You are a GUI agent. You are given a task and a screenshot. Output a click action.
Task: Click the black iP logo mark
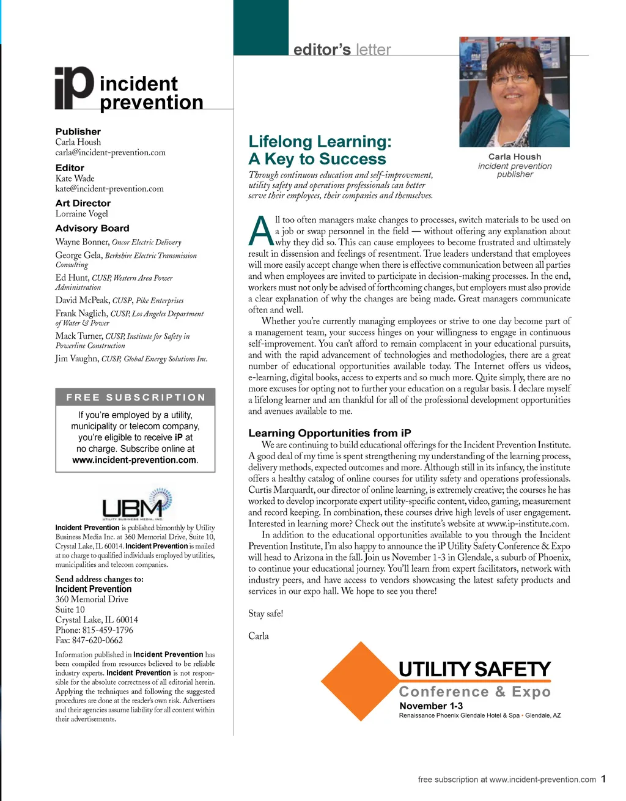pyautogui.click(x=74, y=88)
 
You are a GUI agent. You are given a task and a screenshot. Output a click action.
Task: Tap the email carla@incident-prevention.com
pyautogui.click(x=110, y=153)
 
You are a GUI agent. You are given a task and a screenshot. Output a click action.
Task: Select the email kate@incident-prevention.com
pyautogui.click(x=109, y=189)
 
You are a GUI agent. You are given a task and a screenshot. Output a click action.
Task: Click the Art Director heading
pyautogui.click(x=83, y=203)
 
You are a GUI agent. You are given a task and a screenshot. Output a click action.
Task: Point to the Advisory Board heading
pyautogui.click(x=92, y=228)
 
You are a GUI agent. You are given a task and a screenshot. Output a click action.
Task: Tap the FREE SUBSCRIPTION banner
pyautogui.click(x=135, y=397)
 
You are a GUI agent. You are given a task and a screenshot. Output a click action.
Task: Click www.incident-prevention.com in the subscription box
pyautogui.click(x=134, y=460)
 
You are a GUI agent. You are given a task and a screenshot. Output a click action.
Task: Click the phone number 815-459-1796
pyautogui.click(x=108, y=630)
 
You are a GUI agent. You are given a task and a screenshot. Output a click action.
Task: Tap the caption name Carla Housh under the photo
pyautogui.click(x=515, y=157)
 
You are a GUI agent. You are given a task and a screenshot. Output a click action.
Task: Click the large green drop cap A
pyautogui.click(x=261, y=231)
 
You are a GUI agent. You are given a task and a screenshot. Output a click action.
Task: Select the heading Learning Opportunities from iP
pyautogui.click(x=330, y=433)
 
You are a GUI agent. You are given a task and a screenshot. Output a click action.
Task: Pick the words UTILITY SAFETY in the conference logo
pyautogui.click(x=474, y=670)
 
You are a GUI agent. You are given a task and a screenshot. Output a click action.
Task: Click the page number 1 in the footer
pyautogui.click(x=603, y=779)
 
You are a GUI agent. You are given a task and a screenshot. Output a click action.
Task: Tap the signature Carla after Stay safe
pyautogui.click(x=259, y=636)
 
